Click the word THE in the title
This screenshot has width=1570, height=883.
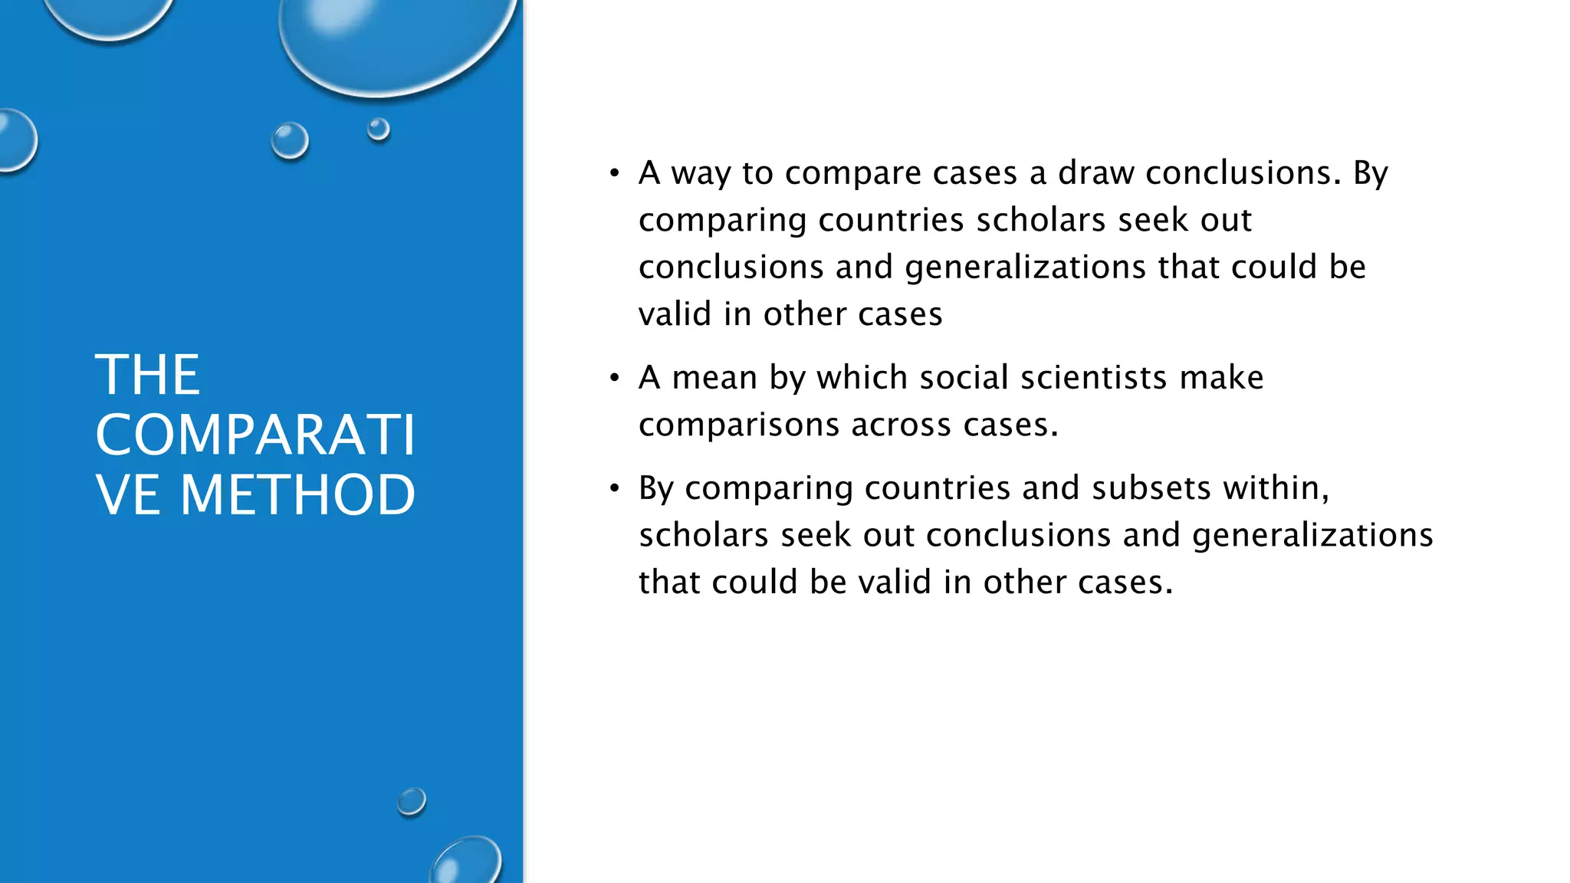point(148,376)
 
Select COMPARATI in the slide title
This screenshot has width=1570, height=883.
point(255,435)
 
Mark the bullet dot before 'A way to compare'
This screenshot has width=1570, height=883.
point(614,173)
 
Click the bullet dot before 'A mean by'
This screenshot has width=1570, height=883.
point(614,378)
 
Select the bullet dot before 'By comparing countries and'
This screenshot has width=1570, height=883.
point(614,488)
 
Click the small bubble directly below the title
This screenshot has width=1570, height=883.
point(412,802)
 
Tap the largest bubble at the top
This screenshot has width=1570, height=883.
point(395,38)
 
